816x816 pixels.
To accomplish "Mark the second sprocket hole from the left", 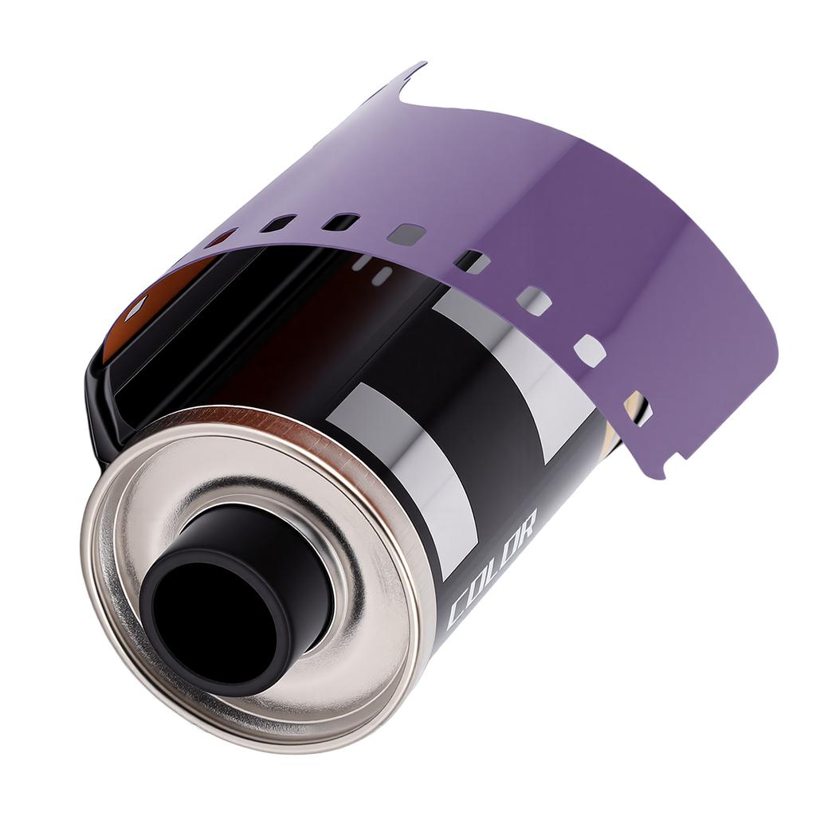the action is [x=279, y=223].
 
